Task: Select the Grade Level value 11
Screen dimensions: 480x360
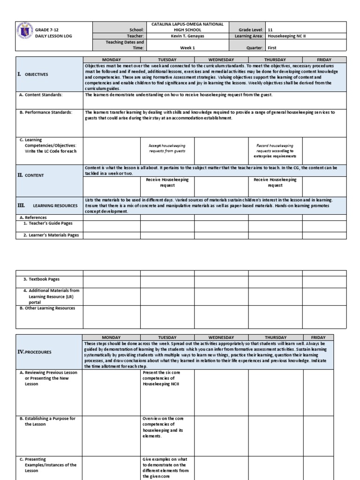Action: (270, 29)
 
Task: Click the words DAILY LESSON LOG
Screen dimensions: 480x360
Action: (53, 36)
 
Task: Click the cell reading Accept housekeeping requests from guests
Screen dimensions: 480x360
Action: (167, 149)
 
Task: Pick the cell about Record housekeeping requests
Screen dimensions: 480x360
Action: (275, 151)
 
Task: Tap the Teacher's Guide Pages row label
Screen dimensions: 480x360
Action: (48, 224)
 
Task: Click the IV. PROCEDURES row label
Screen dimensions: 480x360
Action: (35, 352)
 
